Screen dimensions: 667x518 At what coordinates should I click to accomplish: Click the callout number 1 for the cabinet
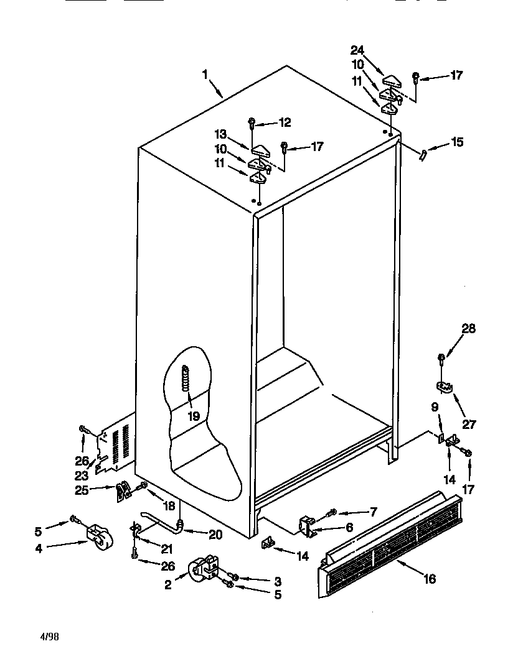pos(205,75)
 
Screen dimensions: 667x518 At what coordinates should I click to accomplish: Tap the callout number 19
pos(194,416)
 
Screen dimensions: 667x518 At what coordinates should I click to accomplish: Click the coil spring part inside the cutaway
pos(185,379)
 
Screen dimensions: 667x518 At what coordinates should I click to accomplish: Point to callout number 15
pos(457,142)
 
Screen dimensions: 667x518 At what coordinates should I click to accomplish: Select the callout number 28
pos(468,329)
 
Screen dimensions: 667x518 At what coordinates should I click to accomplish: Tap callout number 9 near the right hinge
pos(435,408)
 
